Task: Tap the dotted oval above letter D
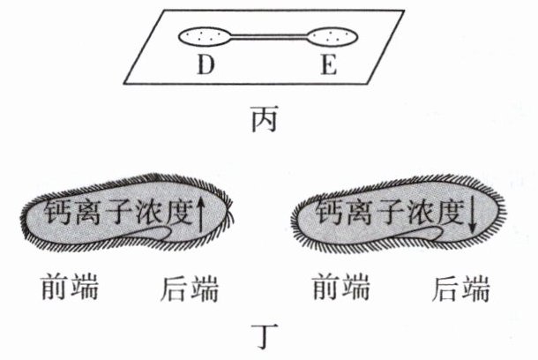pyautogui.click(x=205, y=37)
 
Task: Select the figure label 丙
pyautogui.click(x=264, y=116)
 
